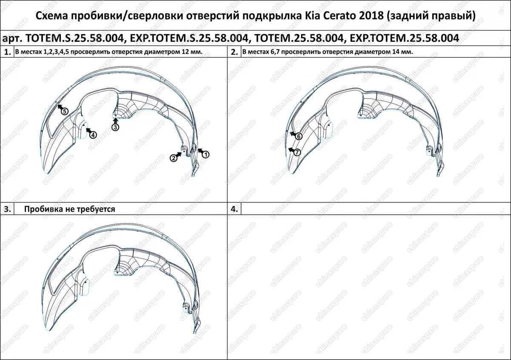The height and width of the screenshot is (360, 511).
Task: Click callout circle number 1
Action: point(205,155)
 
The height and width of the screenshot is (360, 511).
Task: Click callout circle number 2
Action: point(174,158)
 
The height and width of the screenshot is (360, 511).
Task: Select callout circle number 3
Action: point(115,127)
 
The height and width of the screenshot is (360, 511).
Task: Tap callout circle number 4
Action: point(93,134)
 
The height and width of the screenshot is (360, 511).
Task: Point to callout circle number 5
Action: point(64,111)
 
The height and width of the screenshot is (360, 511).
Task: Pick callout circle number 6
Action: point(299,136)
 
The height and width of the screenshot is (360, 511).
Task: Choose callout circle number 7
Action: point(297,152)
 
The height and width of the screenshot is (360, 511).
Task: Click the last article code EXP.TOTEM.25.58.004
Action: point(404,38)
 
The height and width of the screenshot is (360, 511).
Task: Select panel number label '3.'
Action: point(7,209)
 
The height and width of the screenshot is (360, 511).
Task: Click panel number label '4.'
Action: point(234,209)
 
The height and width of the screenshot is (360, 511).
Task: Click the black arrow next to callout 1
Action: point(199,151)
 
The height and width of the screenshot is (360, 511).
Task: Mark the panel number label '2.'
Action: point(234,52)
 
